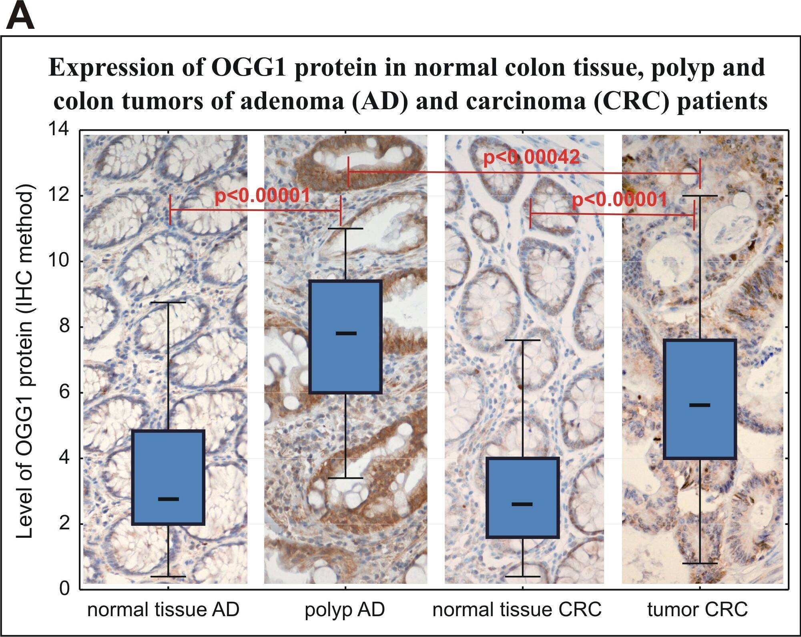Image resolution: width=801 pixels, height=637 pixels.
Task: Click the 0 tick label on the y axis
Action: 64,589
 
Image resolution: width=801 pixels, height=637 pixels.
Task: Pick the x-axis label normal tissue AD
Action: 163,610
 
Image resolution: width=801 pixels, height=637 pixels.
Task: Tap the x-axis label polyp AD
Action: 345,610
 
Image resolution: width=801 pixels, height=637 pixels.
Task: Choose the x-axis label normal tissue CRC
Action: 517,610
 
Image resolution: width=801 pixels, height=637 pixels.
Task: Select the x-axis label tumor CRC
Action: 697,610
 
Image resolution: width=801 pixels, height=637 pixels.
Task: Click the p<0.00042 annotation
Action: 531,157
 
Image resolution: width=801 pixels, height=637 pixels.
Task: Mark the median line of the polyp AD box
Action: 346,333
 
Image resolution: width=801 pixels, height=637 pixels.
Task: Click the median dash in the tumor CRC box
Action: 700,405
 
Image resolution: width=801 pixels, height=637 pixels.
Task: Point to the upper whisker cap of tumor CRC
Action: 700,196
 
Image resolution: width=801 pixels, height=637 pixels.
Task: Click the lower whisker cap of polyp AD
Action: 346,478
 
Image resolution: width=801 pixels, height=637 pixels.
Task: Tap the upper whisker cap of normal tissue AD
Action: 168,302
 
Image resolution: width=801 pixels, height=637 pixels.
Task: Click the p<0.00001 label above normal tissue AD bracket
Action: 262,196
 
